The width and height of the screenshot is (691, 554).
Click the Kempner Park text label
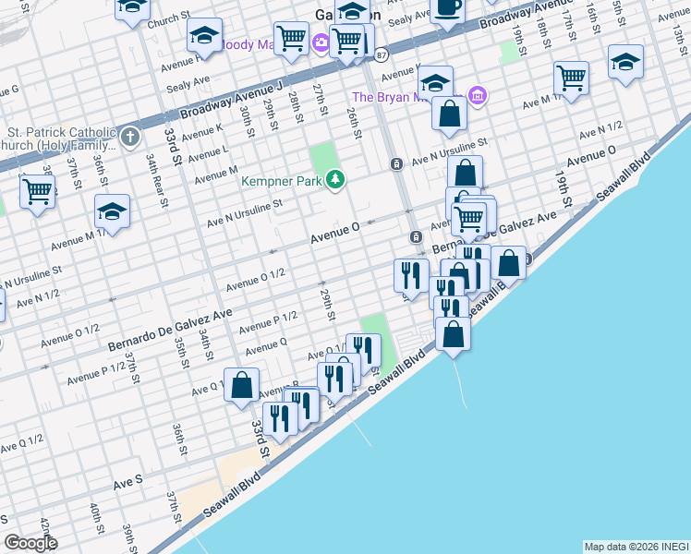point(281,181)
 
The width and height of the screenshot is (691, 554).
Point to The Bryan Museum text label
point(406,97)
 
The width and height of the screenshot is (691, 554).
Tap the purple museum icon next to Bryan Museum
point(478,95)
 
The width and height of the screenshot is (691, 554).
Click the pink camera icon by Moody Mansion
point(320,42)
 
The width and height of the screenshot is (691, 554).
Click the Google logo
point(30,542)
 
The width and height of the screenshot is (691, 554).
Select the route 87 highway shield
point(382,55)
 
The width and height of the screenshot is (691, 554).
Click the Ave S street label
point(127,481)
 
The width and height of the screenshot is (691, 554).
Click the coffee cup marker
point(448,9)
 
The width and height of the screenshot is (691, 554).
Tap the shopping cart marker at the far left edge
point(37,192)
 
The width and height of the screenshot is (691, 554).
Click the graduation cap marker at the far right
point(625,63)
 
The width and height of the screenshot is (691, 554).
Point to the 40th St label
point(96,521)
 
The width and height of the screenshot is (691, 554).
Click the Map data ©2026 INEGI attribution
point(636,547)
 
